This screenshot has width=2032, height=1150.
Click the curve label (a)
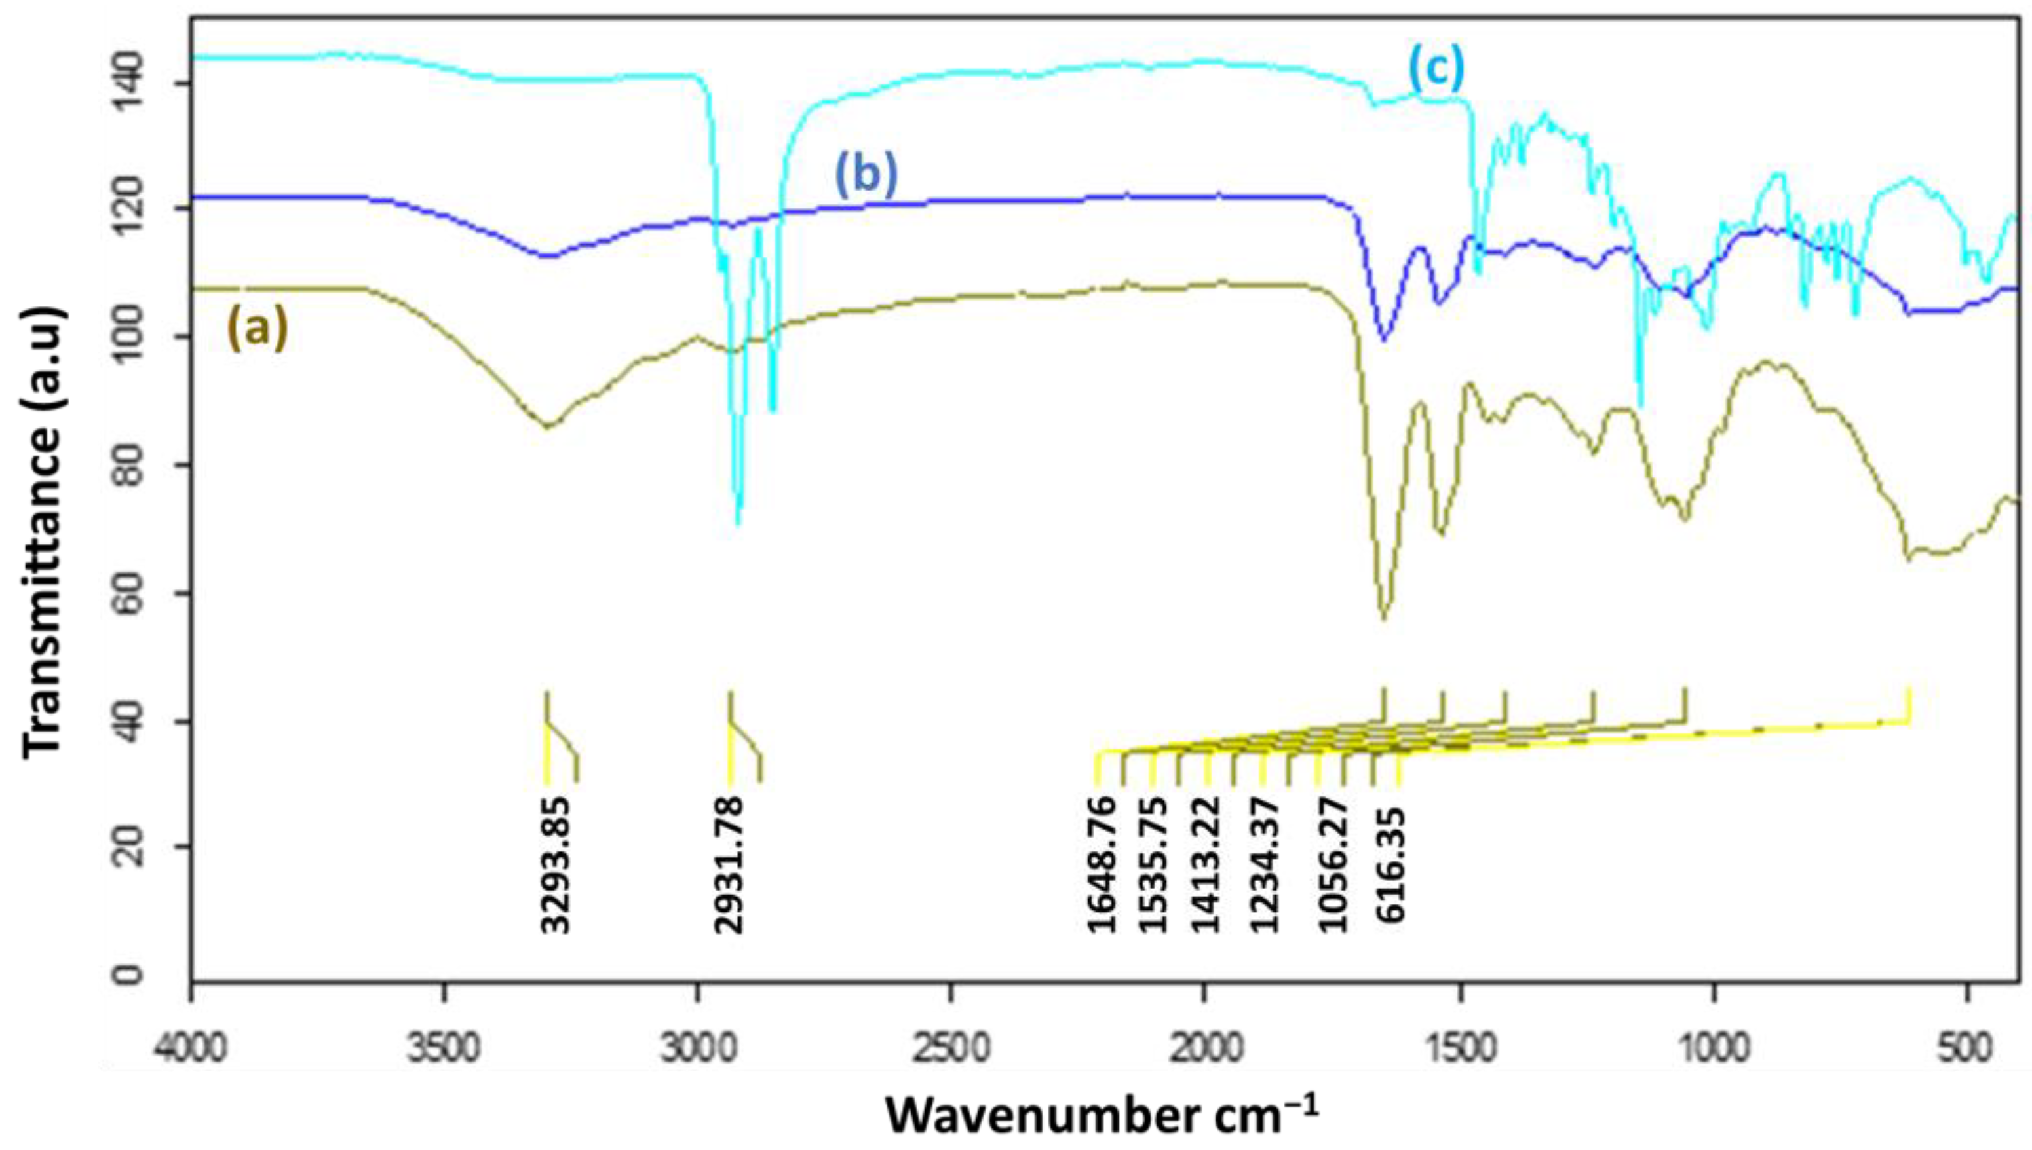[x=258, y=329]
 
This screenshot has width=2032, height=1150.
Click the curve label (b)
[x=866, y=176]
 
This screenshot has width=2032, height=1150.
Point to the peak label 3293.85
[x=557, y=866]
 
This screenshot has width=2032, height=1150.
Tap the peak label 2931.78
[x=730, y=866]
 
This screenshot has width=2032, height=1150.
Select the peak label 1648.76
[x=1103, y=866]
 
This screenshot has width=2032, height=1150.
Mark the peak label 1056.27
[x=1333, y=866]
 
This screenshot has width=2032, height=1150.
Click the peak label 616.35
[x=1390, y=866]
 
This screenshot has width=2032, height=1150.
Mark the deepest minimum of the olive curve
[x=1383, y=618]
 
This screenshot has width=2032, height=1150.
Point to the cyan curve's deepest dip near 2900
[x=738, y=522]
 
